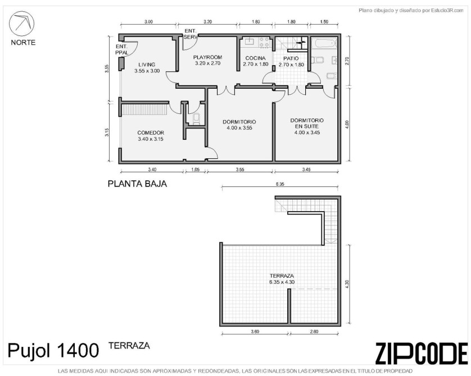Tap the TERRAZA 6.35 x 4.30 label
pos(282,279)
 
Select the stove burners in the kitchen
pos(264,42)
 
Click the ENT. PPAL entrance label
pos(121,49)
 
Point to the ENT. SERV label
pos(191,34)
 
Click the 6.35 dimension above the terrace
pos(280,184)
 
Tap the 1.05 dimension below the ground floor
pos(195,169)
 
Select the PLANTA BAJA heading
pos(137,184)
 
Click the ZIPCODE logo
pos(422,353)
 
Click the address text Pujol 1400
pos(53,350)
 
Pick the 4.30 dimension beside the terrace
pos(347,284)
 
